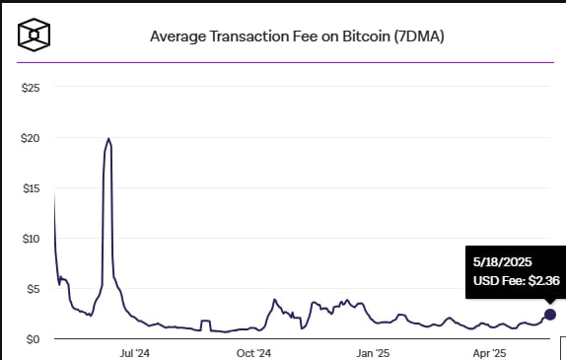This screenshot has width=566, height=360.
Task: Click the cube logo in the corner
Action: pos(34,35)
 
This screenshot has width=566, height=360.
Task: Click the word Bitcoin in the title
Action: pos(367,36)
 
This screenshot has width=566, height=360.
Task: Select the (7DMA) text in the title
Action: pos(419,36)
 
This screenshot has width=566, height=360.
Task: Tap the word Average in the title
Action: pos(178,36)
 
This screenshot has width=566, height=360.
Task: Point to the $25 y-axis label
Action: pos(31,88)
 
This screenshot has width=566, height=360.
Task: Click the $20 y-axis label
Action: pos(31,138)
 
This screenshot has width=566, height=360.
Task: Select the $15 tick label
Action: pos(31,188)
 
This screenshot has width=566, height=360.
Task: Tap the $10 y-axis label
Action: pos(31,239)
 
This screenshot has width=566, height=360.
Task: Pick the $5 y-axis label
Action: pos(34,289)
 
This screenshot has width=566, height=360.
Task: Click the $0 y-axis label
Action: pos(34,339)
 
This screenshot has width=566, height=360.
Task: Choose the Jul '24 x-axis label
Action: pos(134,353)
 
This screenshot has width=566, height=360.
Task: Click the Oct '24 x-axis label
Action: pos(253,353)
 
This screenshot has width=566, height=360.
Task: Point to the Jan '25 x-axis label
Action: pos(373,353)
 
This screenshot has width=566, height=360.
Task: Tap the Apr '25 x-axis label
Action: pos(489,353)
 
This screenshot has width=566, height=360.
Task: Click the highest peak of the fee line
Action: pos(108,138)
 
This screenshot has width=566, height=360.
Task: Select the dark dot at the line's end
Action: pos(550,315)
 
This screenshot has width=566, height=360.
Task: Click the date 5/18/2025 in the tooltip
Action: pos(502,261)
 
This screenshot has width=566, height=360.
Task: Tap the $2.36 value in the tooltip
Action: pos(544,281)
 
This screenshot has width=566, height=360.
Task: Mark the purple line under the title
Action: pos(285,62)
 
